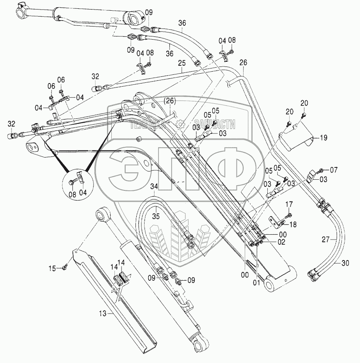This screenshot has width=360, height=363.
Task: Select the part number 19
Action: point(324,138)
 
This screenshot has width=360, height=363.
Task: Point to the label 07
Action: point(333,170)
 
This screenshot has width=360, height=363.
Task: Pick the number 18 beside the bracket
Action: point(293,224)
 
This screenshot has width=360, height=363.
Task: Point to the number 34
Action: point(155,186)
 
